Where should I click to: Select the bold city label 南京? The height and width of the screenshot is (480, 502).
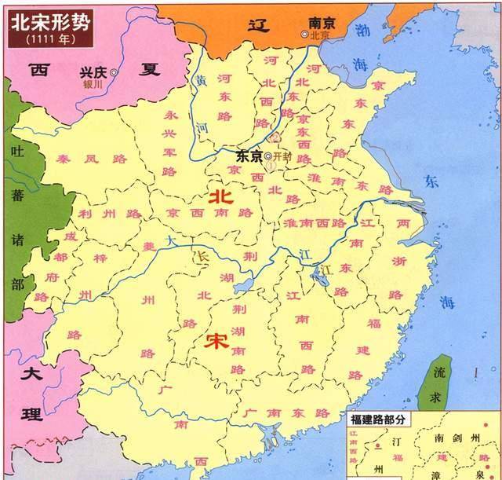tap(323, 24)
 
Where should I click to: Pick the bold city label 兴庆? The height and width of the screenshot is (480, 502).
tap(94, 71)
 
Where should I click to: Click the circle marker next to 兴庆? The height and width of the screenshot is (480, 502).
tap(114, 72)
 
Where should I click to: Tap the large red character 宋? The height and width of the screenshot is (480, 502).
tap(215, 342)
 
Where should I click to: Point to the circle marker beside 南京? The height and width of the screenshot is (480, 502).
tap(304, 35)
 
